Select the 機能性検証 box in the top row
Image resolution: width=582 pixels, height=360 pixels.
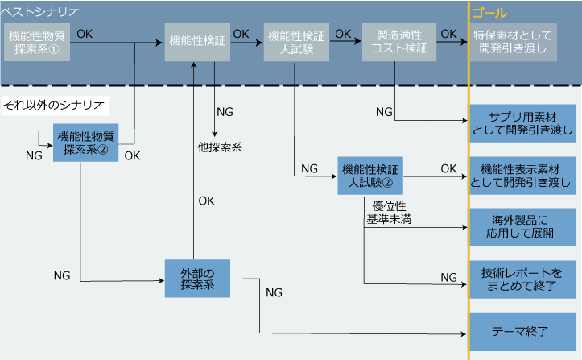196,42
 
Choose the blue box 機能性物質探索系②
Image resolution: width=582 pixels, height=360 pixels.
85,142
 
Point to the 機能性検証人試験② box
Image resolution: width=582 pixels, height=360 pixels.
370,175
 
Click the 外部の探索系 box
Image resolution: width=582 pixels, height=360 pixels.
196,278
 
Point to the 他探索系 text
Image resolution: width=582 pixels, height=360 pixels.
219,147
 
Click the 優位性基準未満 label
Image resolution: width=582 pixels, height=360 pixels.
389,213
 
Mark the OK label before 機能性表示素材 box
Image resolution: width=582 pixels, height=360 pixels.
448,168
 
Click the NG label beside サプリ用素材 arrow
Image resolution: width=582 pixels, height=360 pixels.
385,110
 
